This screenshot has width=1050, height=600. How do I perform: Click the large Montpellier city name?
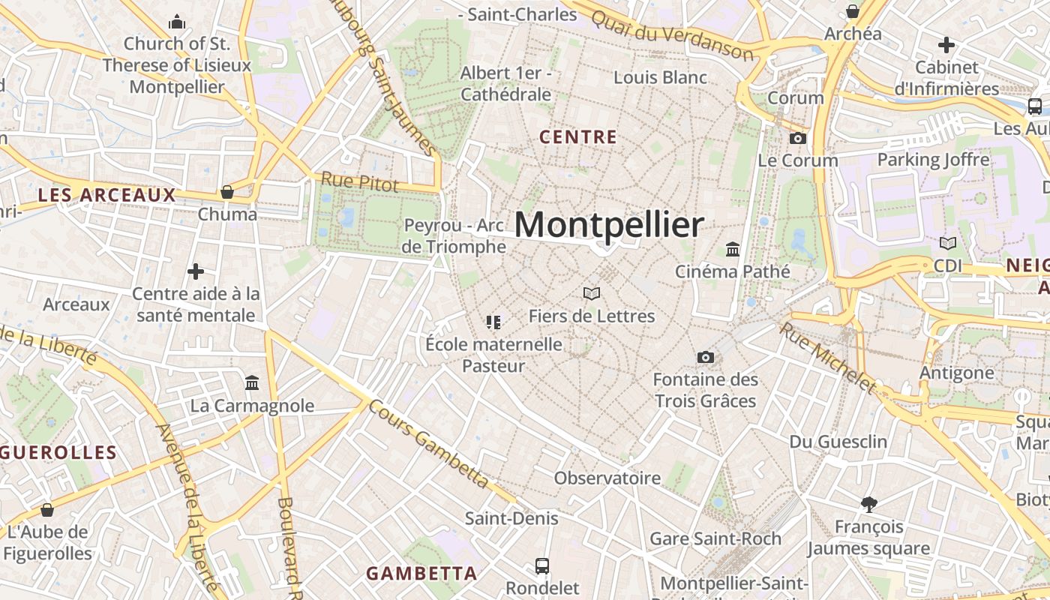[x=609, y=224]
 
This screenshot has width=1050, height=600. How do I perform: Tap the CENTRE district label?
[x=578, y=137]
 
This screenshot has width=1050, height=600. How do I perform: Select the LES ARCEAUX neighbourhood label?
[x=106, y=196]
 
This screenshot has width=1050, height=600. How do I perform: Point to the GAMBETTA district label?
[x=421, y=574]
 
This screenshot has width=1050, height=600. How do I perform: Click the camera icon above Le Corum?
[x=798, y=139]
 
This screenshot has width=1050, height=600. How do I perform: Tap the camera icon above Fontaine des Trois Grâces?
[x=705, y=358]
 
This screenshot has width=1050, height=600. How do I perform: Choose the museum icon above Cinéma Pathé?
[x=733, y=249]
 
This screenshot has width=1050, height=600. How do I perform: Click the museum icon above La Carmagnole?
[x=252, y=383]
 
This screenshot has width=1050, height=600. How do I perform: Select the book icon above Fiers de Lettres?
[x=592, y=293]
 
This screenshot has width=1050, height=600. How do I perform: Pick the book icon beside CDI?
[x=948, y=243]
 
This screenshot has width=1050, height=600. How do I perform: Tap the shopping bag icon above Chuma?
[x=227, y=193]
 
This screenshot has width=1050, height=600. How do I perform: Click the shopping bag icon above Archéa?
[x=853, y=12]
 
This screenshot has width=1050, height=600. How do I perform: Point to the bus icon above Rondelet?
[x=542, y=565]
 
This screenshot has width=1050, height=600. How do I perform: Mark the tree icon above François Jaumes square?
[x=869, y=504]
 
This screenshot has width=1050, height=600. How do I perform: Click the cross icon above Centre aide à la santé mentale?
[x=196, y=271]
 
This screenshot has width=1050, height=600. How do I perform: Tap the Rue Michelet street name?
[x=827, y=358]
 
